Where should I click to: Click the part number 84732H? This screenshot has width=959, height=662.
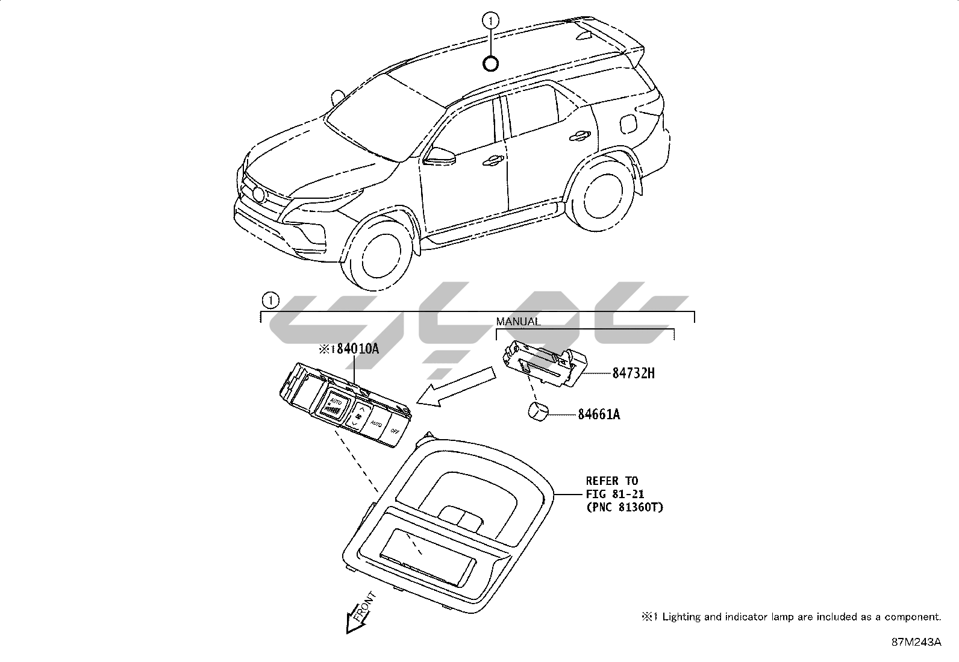click(x=633, y=373)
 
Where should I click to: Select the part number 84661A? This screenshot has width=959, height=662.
click(x=599, y=414)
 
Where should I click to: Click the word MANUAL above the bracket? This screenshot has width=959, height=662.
click(x=518, y=322)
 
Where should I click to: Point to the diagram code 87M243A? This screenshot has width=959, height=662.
click(x=916, y=642)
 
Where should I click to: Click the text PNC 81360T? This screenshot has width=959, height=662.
click(x=624, y=507)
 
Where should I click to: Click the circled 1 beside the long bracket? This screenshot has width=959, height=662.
click(x=271, y=299)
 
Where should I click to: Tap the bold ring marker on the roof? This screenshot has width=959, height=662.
click(x=491, y=62)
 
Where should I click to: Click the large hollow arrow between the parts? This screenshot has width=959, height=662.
click(x=455, y=389)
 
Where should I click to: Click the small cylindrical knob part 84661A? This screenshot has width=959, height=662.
click(x=539, y=412)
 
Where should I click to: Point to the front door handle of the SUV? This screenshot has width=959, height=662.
click(x=494, y=160)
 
